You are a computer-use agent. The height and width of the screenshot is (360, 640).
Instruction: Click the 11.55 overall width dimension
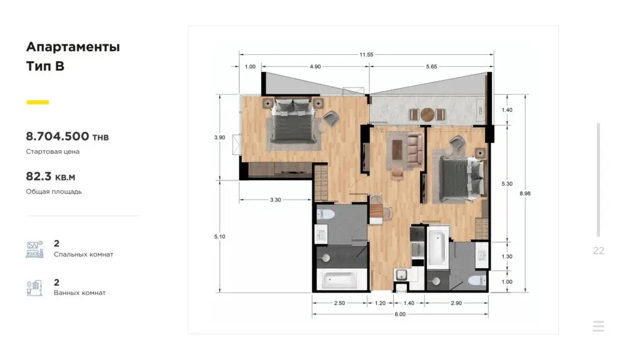366,54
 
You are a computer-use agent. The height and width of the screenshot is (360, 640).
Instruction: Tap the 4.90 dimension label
315,66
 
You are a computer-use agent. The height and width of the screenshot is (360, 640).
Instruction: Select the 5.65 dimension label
431,66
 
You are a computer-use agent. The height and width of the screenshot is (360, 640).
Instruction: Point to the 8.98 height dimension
525,194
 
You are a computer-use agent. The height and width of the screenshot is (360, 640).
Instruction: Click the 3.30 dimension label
276,200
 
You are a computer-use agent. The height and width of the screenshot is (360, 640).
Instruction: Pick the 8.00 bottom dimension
400,314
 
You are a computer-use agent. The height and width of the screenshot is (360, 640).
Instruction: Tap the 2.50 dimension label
339,303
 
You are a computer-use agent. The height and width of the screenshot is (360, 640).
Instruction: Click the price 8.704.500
57,136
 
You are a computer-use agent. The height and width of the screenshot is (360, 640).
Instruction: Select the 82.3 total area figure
39,176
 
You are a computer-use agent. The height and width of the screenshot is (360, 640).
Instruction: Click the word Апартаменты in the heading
73,47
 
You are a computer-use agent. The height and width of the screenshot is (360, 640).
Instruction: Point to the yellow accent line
37,102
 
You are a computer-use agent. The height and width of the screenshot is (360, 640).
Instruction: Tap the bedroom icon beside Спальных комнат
35,249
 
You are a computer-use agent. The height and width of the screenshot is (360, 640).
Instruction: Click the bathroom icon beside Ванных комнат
35,287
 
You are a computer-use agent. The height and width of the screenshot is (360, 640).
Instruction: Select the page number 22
598,251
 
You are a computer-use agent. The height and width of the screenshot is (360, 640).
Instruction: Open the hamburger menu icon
598,326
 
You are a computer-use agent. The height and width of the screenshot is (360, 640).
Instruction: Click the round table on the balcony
427,114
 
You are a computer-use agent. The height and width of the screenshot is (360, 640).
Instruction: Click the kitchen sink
402,275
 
